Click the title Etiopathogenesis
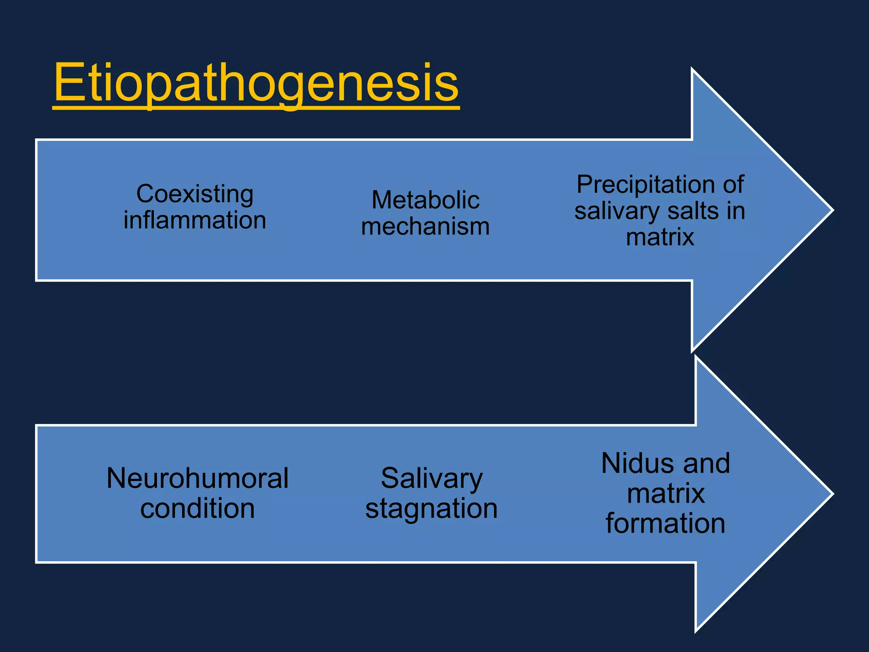click(256, 83)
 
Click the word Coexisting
click(195, 194)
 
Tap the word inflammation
click(195, 220)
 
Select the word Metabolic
click(426, 200)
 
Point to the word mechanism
click(426, 227)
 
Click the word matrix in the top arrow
click(660, 237)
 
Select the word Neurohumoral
click(197, 478)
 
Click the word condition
click(197, 509)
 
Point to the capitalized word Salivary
click(432, 479)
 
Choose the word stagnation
click(432, 509)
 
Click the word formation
click(665, 523)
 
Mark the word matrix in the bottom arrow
click(665, 494)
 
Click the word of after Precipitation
click(733, 185)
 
